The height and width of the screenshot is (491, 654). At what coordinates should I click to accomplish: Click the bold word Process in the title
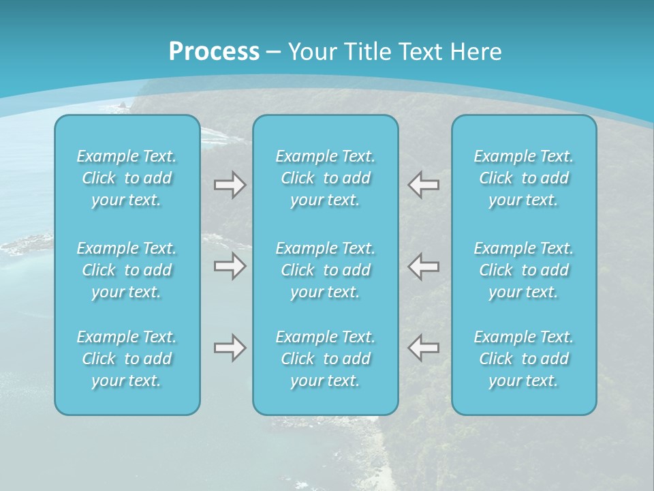tap(214, 51)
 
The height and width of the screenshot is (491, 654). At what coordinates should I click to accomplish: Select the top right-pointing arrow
tap(230, 185)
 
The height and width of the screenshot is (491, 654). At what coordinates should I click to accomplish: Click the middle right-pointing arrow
tap(230, 266)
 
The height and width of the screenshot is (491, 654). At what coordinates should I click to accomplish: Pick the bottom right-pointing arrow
tap(230, 348)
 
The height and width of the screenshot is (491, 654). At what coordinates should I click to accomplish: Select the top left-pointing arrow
tap(424, 185)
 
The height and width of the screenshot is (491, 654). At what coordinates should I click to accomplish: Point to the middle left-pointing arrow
tap(424, 266)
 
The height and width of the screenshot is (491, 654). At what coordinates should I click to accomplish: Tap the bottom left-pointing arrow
tap(424, 348)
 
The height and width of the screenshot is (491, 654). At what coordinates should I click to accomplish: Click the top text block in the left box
tap(127, 178)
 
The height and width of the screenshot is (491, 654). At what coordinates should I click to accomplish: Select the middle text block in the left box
tap(127, 270)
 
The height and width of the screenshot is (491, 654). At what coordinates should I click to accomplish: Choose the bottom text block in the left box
tap(127, 359)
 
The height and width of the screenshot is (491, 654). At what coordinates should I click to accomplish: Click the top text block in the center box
tap(326, 178)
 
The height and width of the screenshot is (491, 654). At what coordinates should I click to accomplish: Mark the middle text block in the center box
tap(326, 270)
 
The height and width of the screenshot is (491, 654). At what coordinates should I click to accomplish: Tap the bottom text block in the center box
tap(326, 359)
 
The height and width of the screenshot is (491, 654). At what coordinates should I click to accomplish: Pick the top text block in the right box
tap(524, 178)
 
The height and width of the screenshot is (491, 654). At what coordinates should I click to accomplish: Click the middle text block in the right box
tap(524, 270)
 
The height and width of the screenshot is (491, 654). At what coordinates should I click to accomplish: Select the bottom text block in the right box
tap(524, 359)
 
